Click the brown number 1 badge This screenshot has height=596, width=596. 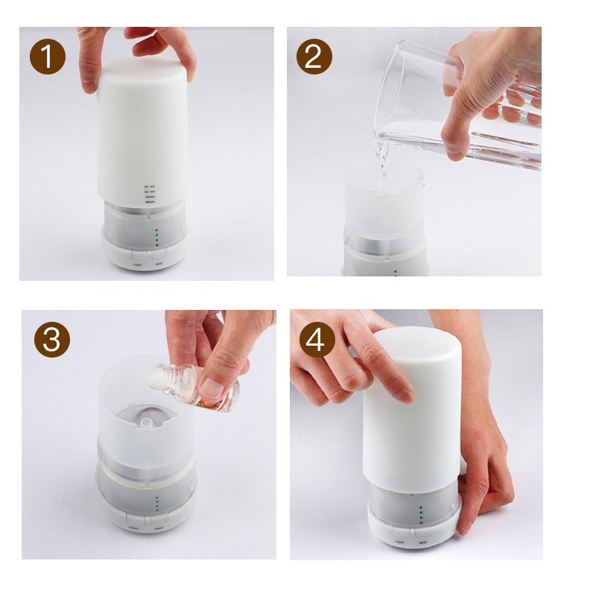coord(48,57)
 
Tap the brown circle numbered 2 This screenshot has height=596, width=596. coord(313,57)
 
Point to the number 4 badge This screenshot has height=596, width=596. coord(317,340)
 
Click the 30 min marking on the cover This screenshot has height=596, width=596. coord(149,186)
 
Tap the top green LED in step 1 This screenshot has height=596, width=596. coord(157,231)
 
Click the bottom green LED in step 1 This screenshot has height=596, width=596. coord(157,244)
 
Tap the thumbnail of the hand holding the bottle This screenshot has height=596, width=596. coord(216,387)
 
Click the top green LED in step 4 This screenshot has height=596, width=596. coord(421,508)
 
